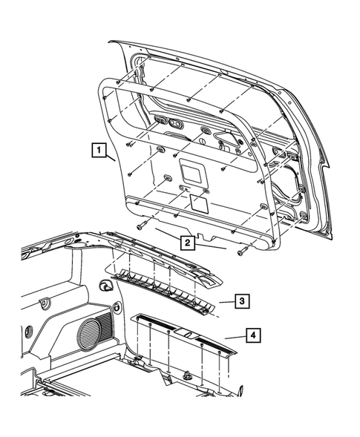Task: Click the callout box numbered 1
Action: [x=97, y=150]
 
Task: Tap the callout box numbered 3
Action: [x=242, y=300]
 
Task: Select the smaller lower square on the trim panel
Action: [x=197, y=201]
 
